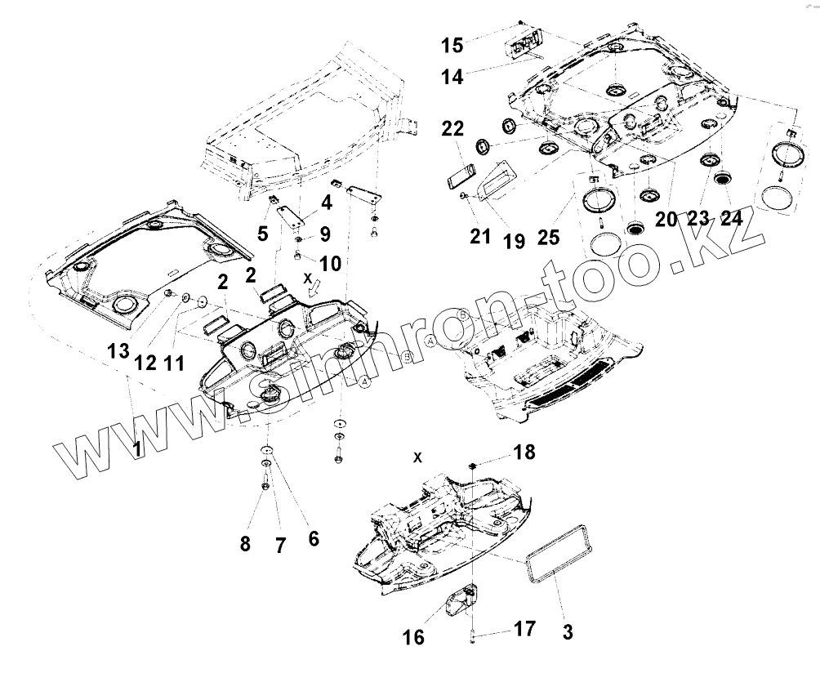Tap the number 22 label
pyautogui.click(x=454, y=129)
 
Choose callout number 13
pyautogui.click(x=118, y=351)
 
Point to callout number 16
pyautogui.click(x=415, y=637)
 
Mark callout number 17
pyautogui.click(x=524, y=628)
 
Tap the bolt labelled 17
pyautogui.click(x=473, y=636)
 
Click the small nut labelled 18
pyautogui.click(x=473, y=466)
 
